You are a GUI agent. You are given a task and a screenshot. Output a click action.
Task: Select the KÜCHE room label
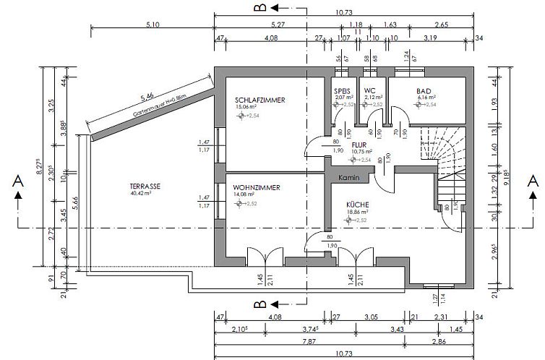click(356, 205)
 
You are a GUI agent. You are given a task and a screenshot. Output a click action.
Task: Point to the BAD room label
click(424, 91)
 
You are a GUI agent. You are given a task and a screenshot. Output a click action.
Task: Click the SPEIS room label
click(342, 91)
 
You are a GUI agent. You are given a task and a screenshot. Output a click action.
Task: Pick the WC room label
click(370, 91)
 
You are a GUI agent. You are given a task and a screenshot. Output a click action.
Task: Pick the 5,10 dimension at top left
click(152, 25)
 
